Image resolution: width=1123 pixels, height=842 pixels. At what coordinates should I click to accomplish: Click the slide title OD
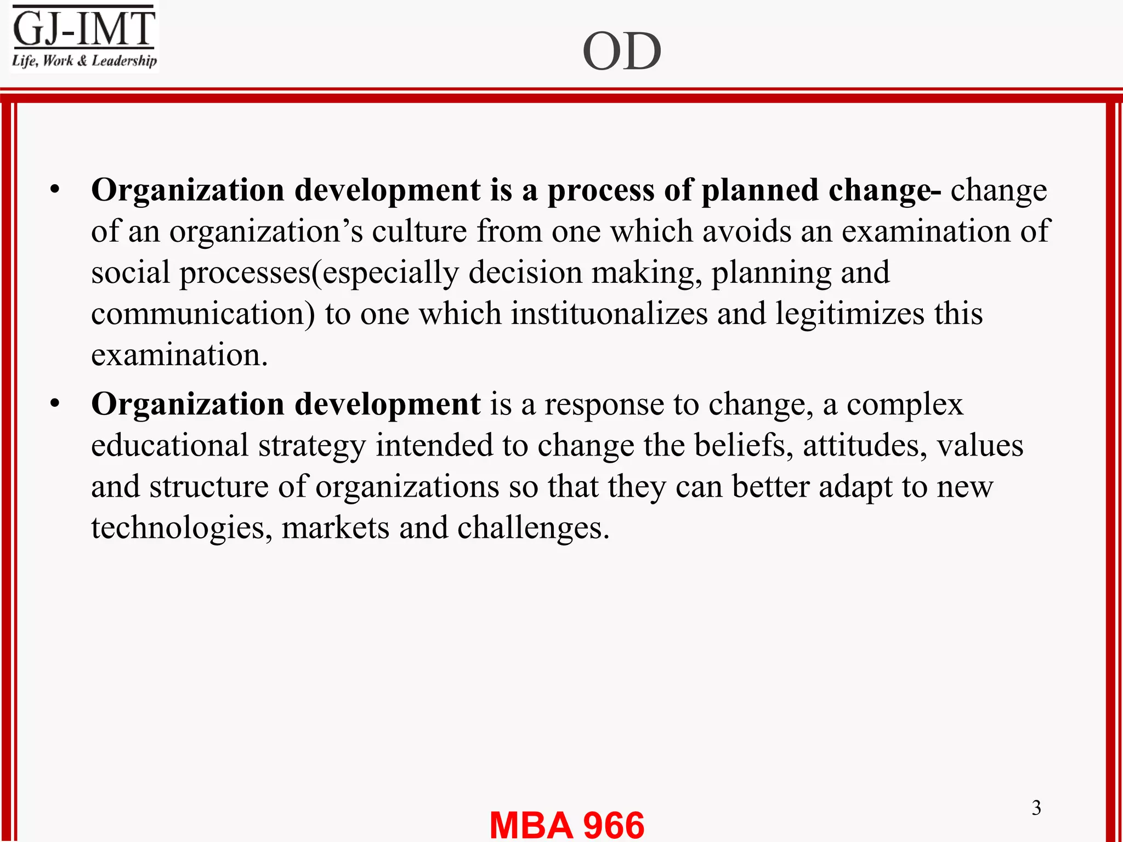click(x=622, y=52)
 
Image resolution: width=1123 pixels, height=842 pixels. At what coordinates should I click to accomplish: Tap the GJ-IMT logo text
click(x=84, y=29)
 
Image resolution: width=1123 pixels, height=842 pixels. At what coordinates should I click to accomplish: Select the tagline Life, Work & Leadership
click(x=84, y=60)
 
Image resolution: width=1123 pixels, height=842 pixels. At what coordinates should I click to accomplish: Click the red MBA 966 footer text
click(x=566, y=824)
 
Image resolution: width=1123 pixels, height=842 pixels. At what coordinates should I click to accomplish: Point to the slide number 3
click(x=1036, y=807)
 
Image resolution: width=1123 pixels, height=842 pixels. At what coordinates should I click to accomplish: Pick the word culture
click(x=419, y=231)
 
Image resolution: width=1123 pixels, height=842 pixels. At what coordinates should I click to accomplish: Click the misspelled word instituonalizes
click(x=609, y=314)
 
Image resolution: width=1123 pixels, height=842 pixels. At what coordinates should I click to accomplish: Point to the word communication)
click(x=203, y=314)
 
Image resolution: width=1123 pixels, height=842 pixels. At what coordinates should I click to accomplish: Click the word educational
click(x=169, y=445)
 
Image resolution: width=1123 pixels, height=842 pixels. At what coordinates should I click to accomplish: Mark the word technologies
click(x=182, y=528)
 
